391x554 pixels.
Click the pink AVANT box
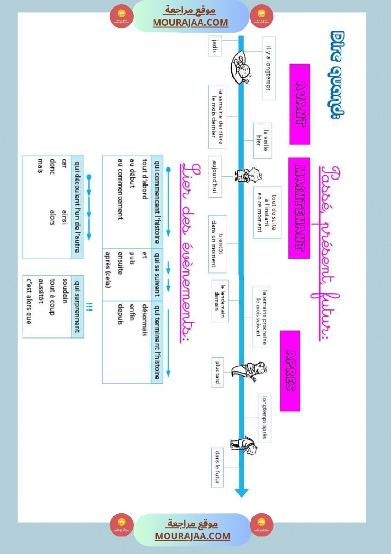coord(300,104)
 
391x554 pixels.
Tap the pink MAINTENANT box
coord(299,208)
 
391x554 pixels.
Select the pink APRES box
coord(290,371)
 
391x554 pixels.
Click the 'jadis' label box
coord(216,46)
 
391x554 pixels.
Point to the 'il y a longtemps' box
coord(269,69)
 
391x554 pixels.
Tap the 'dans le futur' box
coord(217,467)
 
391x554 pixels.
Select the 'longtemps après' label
coord(264,418)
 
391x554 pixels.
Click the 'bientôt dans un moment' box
coord(217,244)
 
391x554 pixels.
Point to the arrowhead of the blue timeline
coord(242,492)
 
